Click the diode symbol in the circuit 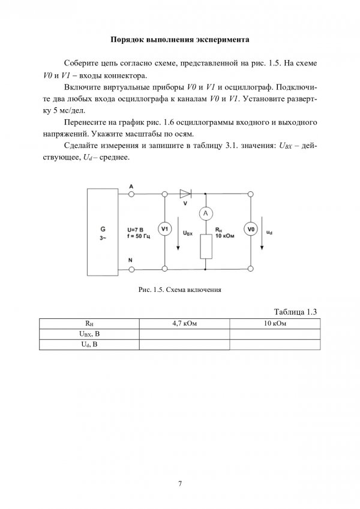185,194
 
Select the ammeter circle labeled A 206,213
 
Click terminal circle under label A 132,194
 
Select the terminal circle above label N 132,269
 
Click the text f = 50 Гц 139,236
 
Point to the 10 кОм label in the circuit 225,236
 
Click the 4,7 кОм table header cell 184,324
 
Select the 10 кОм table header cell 275,324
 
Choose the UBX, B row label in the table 89,334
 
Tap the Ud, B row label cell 89,344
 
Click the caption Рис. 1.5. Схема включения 180,289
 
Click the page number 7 180,484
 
